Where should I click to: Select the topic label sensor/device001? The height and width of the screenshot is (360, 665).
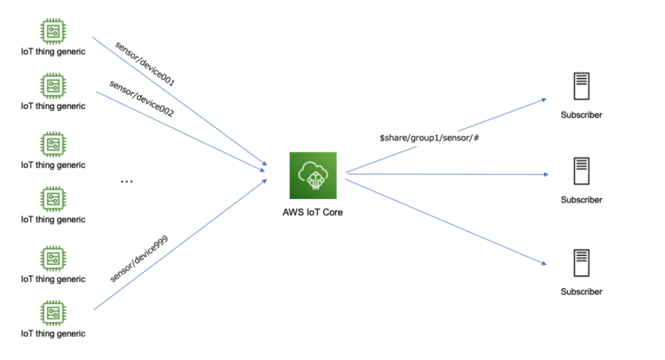point(145,62)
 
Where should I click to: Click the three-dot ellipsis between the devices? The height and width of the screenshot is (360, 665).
point(127,182)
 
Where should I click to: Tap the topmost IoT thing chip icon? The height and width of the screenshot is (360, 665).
point(54,29)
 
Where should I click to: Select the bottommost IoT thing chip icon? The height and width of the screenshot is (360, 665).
point(54,312)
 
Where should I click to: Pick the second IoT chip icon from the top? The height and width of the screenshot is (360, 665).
point(54,85)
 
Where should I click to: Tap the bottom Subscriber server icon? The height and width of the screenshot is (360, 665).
point(580,263)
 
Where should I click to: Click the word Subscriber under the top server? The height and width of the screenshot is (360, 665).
point(580,115)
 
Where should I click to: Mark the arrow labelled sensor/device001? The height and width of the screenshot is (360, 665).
point(182,105)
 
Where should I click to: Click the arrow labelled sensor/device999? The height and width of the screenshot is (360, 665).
point(182,244)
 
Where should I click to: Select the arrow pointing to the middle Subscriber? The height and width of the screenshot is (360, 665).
point(450,175)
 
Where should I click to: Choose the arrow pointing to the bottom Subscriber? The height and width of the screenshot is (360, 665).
point(450,220)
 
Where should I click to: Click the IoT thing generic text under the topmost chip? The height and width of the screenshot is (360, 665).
point(54,51)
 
